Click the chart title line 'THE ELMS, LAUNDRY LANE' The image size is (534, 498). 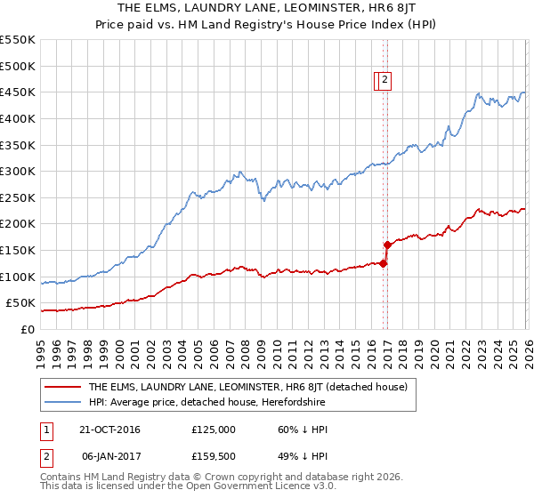click(x=266, y=7)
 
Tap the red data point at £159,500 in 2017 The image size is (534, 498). click(x=387, y=245)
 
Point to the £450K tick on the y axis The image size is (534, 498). click(x=18, y=92)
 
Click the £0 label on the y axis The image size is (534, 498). click(x=27, y=329)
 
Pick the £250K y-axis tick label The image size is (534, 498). click(x=18, y=197)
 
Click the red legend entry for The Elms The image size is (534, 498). click(x=247, y=387)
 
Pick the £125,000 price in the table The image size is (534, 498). click(x=214, y=430)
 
